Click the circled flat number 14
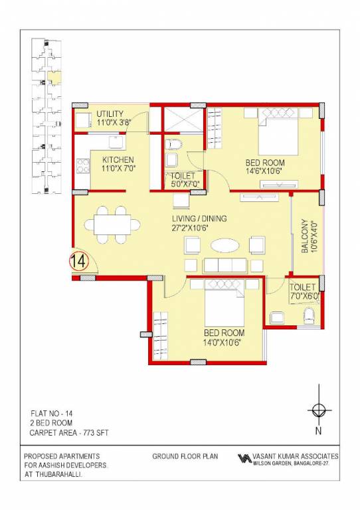click(78, 261)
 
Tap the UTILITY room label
click(110, 114)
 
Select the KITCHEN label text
click(118, 160)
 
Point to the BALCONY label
click(305, 236)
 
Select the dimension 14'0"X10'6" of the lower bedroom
click(224, 342)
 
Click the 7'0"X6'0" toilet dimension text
click(304, 295)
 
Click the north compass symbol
click(319, 409)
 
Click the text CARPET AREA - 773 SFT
click(68, 433)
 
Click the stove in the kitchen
click(83, 165)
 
